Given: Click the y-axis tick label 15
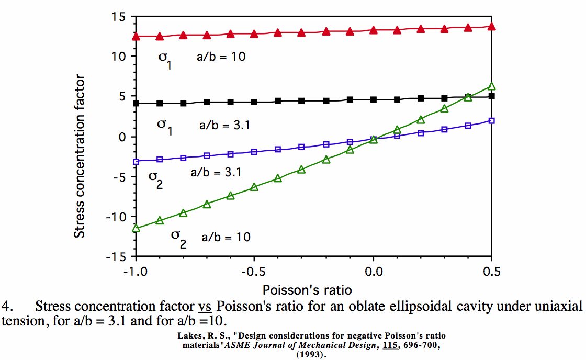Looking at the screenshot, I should click(118, 17).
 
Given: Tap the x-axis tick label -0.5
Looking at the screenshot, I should click(254, 272).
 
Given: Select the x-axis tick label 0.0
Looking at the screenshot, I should click(373, 272).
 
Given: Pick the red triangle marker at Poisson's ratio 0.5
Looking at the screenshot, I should click(491, 26).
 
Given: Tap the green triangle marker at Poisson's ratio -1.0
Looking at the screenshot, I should click(136, 228).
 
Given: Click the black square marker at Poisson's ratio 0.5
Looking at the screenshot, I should click(491, 96).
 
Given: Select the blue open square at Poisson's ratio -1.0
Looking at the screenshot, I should click(136, 162).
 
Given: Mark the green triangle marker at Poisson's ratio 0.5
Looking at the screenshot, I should click(491, 86).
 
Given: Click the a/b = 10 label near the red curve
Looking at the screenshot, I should click(221, 57).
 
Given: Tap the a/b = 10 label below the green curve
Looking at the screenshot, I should click(226, 237).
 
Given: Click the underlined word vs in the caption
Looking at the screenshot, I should click(205, 306).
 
